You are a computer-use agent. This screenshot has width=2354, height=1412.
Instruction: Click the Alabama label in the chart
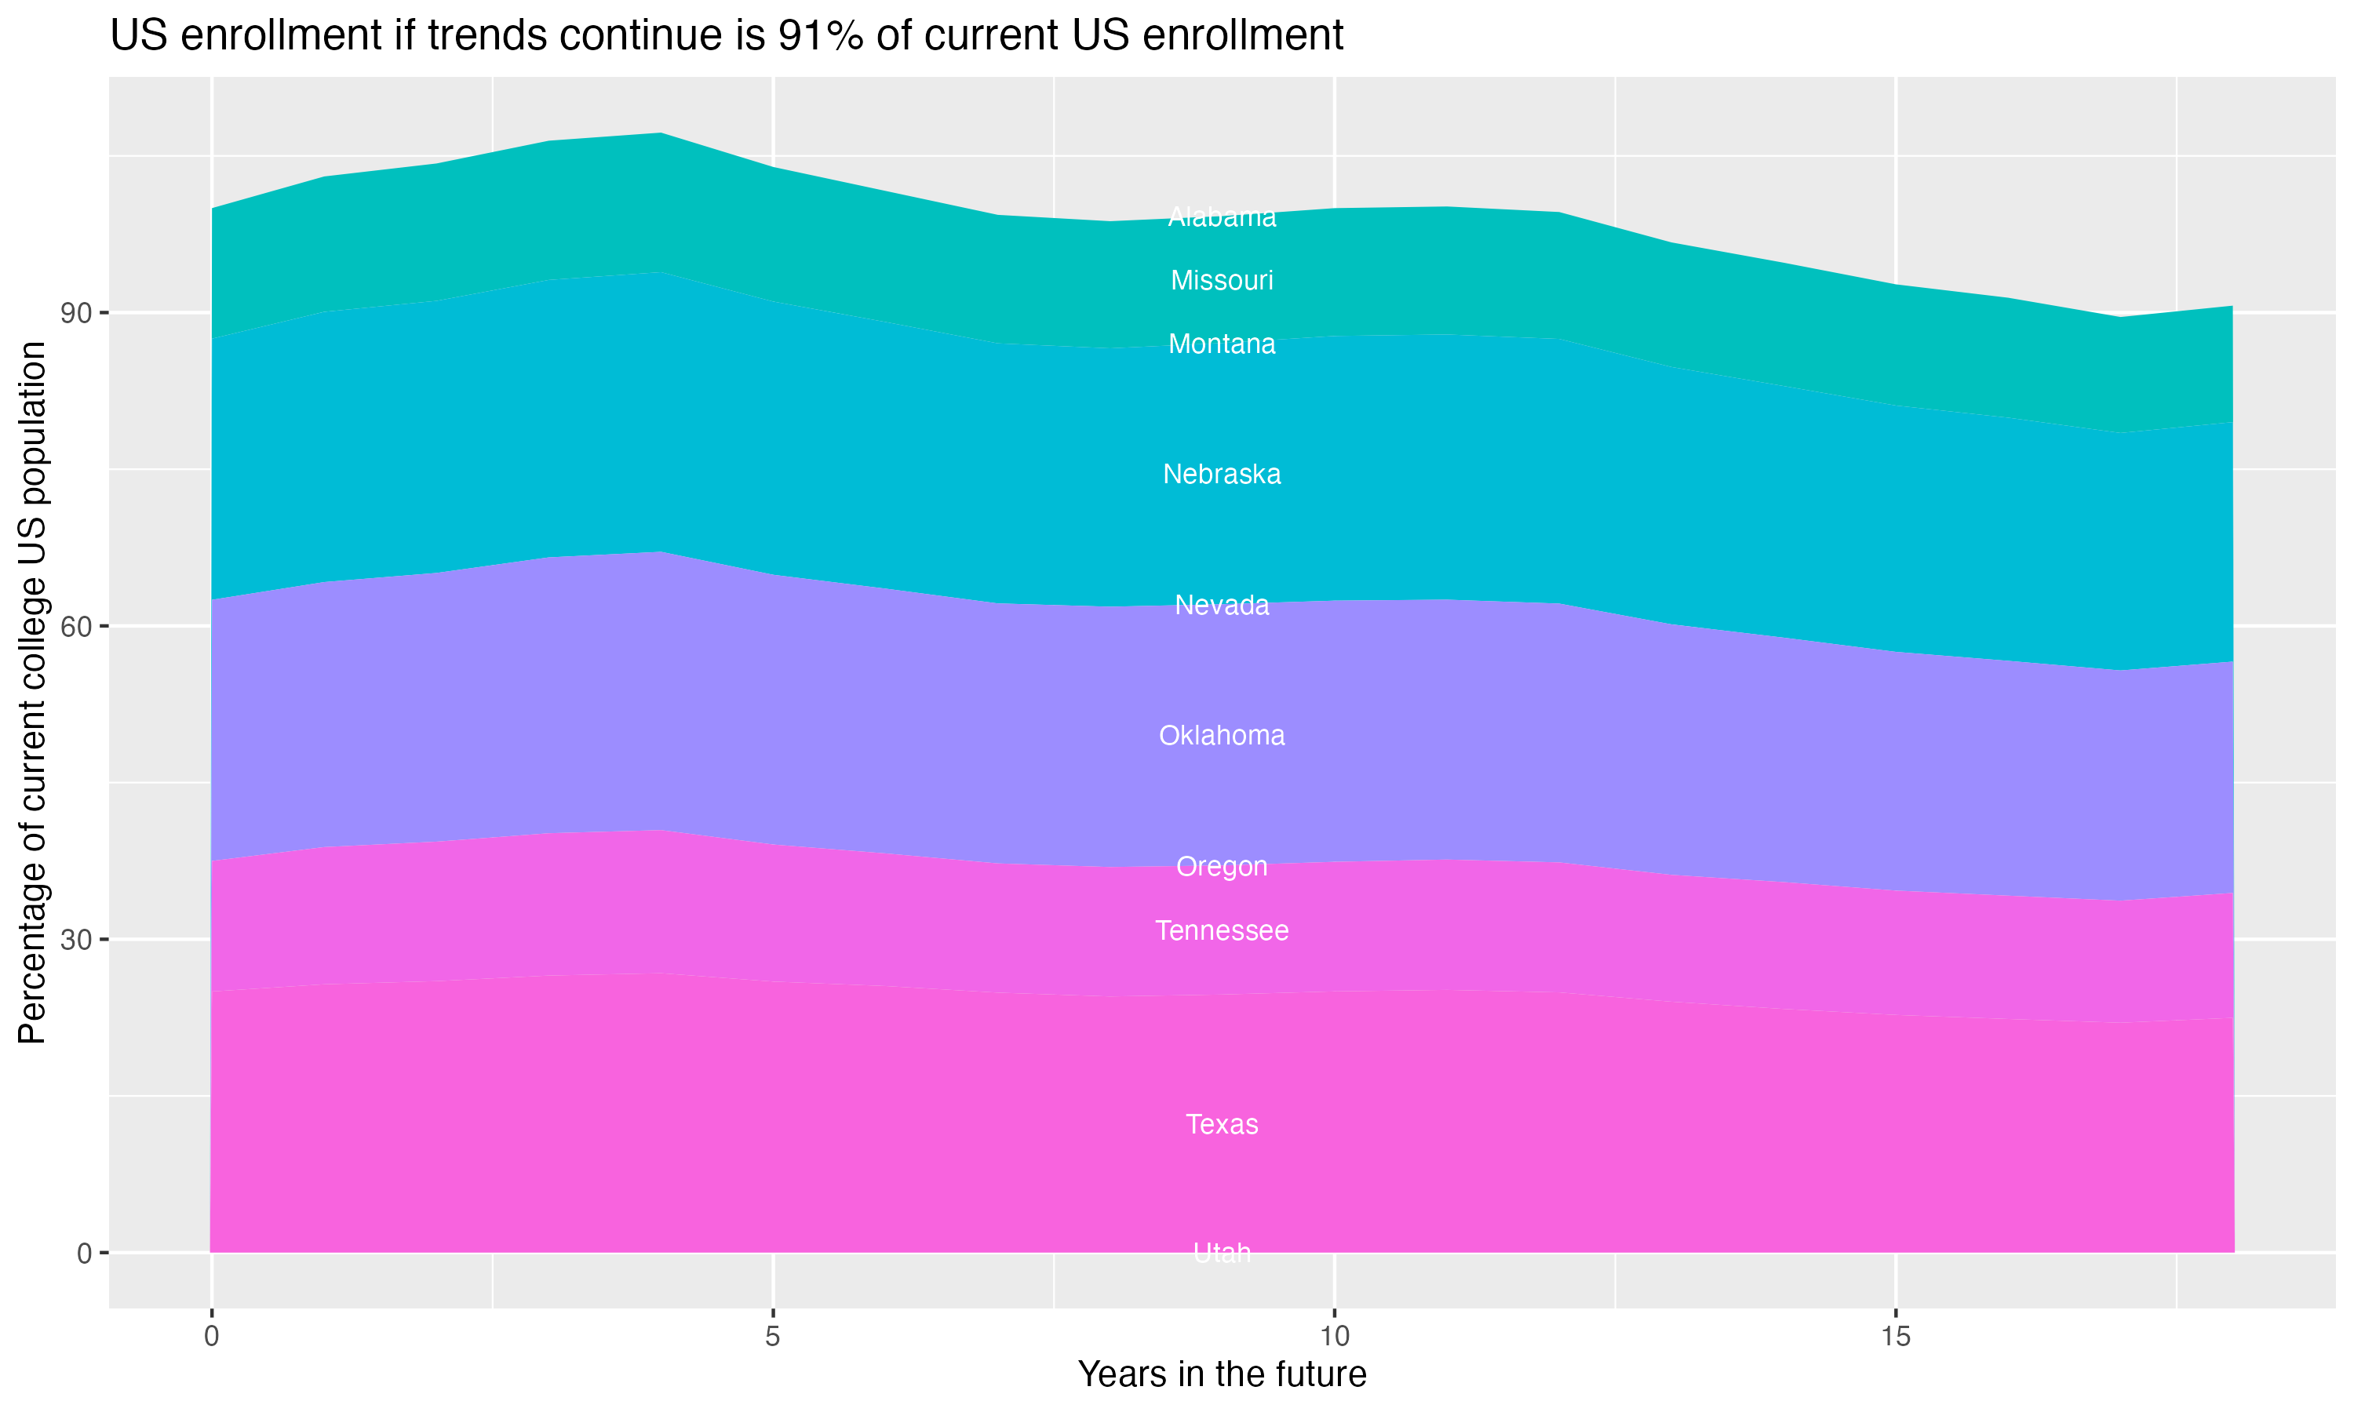tap(1222, 218)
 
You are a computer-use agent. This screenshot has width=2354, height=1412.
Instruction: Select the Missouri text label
tap(1222, 281)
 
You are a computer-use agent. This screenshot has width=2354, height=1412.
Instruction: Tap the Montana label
tap(1222, 344)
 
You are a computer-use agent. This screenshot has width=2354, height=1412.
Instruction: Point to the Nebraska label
tap(1222, 475)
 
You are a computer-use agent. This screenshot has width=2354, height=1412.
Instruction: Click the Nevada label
tap(1222, 605)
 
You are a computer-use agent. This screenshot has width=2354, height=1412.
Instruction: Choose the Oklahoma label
tap(1222, 736)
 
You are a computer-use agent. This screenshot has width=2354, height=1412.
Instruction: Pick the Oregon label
tap(1222, 867)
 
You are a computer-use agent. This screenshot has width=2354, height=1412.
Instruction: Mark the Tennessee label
tap(1222, 930)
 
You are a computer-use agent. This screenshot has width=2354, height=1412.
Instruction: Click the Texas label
tap(1222, 1125)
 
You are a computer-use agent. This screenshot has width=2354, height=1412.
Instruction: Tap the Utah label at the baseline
tap(1222, 1253)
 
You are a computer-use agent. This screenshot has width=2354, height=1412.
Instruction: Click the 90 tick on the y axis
tap(76, 313)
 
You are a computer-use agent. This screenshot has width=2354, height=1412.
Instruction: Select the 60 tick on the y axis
tap(76, 627)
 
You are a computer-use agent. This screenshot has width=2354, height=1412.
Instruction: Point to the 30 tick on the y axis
tap(76, 940)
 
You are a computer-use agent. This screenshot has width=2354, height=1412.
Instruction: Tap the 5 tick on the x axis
tap(773, 1337)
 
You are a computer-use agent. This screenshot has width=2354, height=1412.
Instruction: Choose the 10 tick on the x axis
tap(1334, 1337)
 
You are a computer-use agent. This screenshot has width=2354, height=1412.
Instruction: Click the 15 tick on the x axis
tap(1896, 1337)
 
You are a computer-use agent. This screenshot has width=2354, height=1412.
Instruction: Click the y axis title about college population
tap(33, 693)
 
